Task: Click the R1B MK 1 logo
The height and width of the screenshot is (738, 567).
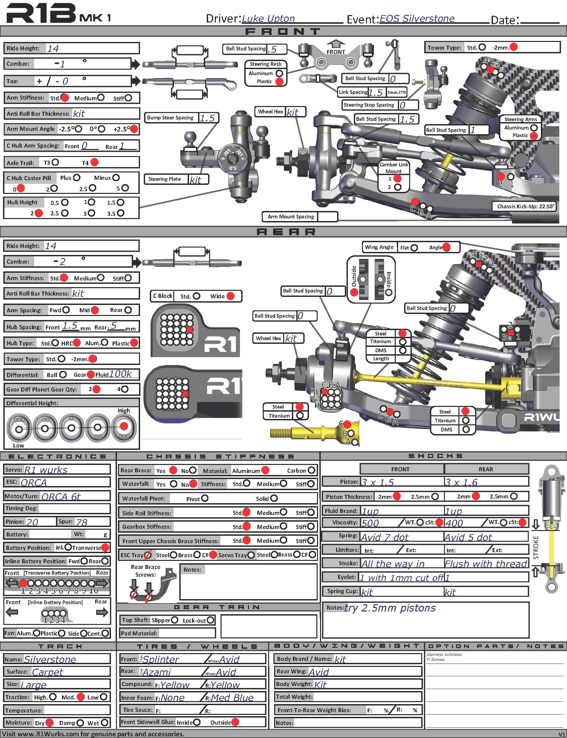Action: [x=58, y=13]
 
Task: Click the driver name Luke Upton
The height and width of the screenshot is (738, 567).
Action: [x=268, y=18]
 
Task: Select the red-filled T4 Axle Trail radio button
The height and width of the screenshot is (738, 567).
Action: [x=94, y=162]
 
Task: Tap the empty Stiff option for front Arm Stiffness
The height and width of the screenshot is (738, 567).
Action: [x=128, y=98]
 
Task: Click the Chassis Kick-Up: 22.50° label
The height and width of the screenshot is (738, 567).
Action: [x=525, y=206]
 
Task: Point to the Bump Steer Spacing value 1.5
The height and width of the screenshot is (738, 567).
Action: [x=207, y=118]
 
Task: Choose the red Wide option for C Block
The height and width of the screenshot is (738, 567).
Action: [x=231, y=296]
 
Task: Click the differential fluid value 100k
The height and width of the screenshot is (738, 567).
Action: [x=120, y=374]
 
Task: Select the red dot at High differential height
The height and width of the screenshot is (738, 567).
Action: [x=124, y=426]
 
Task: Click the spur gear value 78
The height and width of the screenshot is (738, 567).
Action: [x=81, y=522]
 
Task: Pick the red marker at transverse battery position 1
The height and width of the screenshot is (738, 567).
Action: [x=23, y=583]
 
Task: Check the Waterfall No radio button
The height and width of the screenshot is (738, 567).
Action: [x=193, y=484]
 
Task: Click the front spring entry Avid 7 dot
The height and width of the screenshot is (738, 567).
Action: [x=384, y=537]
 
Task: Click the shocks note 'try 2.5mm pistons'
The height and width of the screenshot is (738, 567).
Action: [x=390, y=608]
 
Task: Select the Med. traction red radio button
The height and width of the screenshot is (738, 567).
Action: [x=81, y=697]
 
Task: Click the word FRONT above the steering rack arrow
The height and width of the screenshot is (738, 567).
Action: [x=336, y=52]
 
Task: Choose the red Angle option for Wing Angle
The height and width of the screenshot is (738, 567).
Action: [x=446, y=247]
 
